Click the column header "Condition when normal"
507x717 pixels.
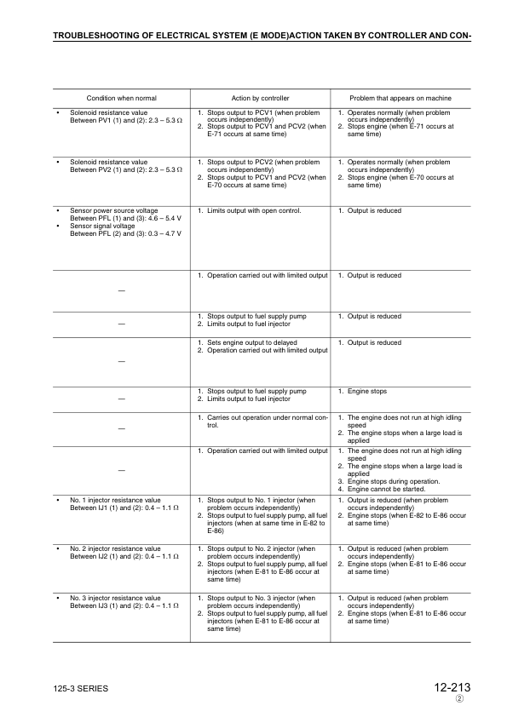click(121, 98)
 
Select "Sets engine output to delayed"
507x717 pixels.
click(249, 343)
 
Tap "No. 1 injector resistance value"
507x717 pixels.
click(115, 500)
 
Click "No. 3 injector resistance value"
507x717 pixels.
click(115, 598)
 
